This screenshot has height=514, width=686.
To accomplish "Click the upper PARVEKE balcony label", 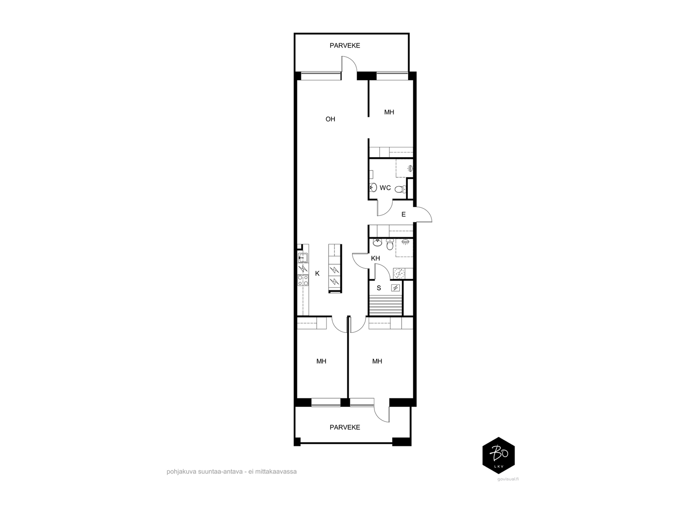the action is (x=345, y=45).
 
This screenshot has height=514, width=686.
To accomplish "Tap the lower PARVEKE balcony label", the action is (x=345, y=427).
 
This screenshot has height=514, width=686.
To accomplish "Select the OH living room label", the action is (x=330, y=119).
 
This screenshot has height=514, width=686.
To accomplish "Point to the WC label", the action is (x=385, y=188).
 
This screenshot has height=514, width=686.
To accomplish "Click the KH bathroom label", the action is (x=375, y=258).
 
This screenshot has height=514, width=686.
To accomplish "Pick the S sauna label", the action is (x=379, y=288).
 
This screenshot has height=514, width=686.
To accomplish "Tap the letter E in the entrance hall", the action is (x=403, y=215).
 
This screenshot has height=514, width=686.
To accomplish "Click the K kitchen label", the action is (x=317, y=274).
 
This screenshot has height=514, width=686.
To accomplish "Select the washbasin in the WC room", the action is (x=373, y=187).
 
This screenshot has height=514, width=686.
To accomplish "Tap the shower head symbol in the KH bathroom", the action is (x=405, y=242).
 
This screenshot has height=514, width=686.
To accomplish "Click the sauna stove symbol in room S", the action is (x=395, y=288).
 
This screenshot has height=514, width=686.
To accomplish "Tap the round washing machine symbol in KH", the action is (x=398, y=273).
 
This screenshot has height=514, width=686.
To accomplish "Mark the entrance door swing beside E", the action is (x=423, y=215).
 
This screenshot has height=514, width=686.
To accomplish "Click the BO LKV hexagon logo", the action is (x=499, y=456).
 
